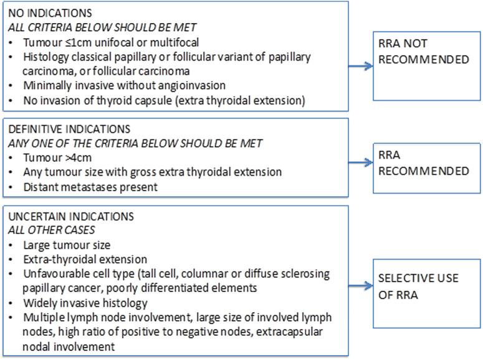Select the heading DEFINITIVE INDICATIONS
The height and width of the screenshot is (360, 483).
(x=70, y=129)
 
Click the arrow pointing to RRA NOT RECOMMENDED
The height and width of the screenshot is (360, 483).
(x=358, y=64)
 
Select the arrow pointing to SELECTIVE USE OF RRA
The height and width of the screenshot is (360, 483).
(x=358, y=287)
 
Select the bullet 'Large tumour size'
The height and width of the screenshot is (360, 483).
(x=67, y=245)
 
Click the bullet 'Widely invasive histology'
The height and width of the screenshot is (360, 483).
(x=85, y=303)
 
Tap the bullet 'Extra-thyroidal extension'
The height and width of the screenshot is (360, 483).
(x=85, y=259)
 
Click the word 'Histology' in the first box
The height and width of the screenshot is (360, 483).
(x=43, y=56)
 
